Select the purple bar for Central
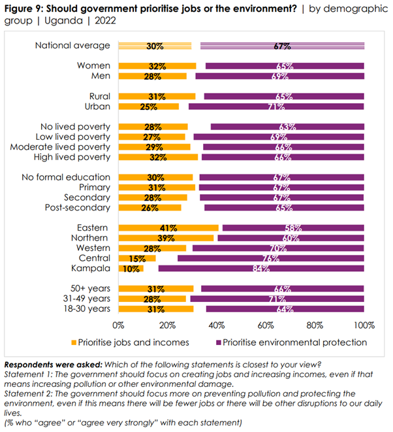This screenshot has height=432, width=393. point(271,258)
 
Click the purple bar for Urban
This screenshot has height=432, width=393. point(276,106)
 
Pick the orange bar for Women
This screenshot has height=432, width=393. point(157,66)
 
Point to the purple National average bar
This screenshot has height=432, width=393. point(282,46)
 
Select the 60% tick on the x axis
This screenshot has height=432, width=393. point(266,325)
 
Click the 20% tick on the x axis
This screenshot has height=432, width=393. point(168,325)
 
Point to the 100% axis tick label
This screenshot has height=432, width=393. point(364,325)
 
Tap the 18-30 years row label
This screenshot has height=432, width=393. point(87,309)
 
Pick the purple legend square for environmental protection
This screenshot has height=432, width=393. point(219,342)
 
